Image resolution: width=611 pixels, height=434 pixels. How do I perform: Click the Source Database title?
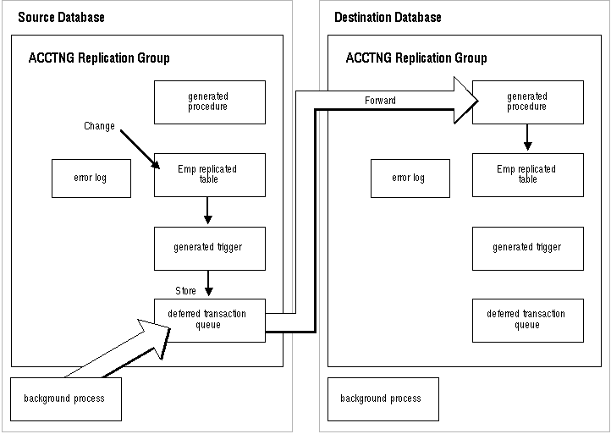tap(61, 17)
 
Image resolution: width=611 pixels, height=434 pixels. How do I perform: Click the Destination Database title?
tap(388, 17)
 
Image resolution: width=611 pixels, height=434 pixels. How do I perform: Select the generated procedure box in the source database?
tap(210, 102)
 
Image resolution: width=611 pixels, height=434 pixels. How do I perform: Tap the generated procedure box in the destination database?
tap(528, 102)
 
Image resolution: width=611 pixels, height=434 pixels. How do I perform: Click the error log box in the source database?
tap(91, 178)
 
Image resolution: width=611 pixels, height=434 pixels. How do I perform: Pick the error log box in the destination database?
tap(410, 178)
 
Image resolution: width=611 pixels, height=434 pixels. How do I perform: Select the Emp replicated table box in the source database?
tap(210, 174)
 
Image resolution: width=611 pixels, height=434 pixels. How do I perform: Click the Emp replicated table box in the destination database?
tap(528, 174)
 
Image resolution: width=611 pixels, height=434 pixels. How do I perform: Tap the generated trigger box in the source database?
tap(210, 249)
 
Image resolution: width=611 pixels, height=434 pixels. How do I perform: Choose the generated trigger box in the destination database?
tap(528, 249)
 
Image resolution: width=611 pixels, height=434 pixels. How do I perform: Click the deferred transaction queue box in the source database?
tap(210, 321)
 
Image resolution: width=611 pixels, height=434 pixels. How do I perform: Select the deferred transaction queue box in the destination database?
tap(528, 321)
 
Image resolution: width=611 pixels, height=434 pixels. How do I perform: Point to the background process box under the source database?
tap(66, 399)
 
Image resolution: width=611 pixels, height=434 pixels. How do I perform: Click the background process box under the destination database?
tap(383, 399)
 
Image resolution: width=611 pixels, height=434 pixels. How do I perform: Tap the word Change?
tap(99, 126)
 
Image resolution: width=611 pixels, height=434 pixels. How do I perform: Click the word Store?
tap(185, 291)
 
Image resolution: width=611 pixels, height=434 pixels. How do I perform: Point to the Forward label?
tap(380, 101)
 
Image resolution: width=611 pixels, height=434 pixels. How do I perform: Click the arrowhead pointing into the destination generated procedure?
tap(466, 101)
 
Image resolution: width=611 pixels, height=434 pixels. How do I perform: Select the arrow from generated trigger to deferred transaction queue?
tap(208, 283)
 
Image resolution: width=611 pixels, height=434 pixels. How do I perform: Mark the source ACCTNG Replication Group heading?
tap(99, 58)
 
